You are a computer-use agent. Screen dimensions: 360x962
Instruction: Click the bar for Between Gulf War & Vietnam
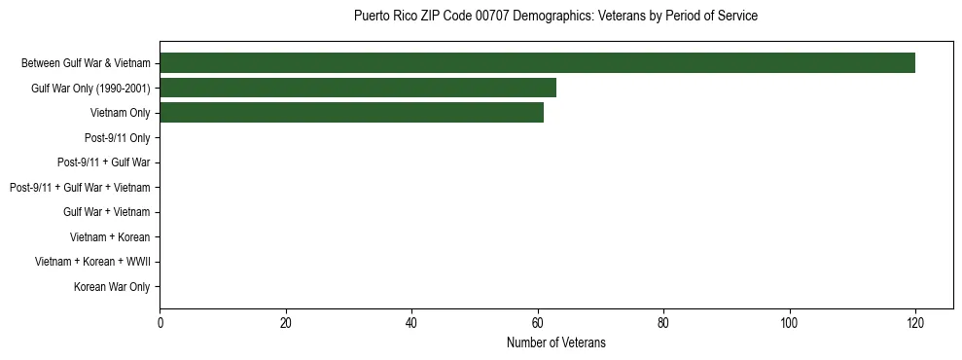[x=537, y=63]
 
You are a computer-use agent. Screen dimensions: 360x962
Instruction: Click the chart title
[x=555, y=17]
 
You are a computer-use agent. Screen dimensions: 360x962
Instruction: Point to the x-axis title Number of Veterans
[x=555, y=342]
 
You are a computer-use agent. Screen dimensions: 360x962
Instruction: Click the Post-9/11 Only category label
[x=117, y=138]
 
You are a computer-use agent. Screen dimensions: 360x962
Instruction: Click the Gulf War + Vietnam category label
[x=107, y=212]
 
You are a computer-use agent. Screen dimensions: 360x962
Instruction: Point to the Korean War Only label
[x=112, y=287]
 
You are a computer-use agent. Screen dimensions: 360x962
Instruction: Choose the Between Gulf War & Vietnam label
[x=86, y=63]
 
